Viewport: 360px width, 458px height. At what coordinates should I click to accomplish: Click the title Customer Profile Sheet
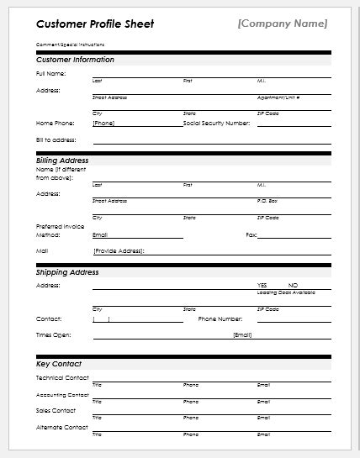pos(82,24)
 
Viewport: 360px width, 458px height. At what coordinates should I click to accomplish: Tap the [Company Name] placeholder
pos(283,23)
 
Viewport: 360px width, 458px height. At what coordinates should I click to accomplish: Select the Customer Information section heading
pos(76,60)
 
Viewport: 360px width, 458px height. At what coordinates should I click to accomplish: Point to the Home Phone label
pos(54,123)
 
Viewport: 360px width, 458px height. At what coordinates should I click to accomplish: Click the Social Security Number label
pos(216,123)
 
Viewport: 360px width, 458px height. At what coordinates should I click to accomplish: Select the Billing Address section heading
pos(62,160)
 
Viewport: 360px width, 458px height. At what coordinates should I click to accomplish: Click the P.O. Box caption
pos(267,201)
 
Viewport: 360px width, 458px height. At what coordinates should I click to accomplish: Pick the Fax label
pos(251,234)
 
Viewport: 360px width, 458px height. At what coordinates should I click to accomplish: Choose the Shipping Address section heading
pos(67,272)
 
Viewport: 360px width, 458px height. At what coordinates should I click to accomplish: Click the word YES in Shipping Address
pos(262,285)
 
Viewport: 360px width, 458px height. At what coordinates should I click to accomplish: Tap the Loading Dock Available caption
pos(286,292)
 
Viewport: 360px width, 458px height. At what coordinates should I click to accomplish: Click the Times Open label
pos(53,334)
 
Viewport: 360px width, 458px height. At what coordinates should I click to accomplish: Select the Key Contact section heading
pos(59,364)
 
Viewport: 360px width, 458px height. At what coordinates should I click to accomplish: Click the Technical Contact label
pos(62,378)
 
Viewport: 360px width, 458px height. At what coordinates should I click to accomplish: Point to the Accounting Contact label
pos(62,394)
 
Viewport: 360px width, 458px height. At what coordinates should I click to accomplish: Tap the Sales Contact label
pos(56,411)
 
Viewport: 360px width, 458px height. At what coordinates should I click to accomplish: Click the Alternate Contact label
pos(61,427)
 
